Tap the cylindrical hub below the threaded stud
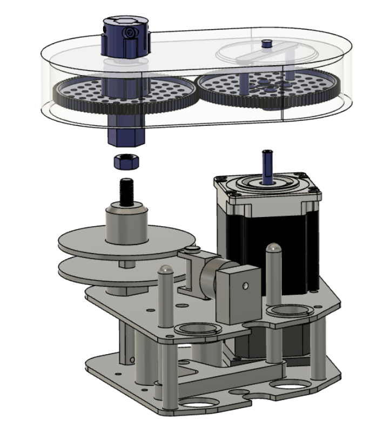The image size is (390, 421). click(126, 221)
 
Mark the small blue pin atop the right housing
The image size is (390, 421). click(265, 43)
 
